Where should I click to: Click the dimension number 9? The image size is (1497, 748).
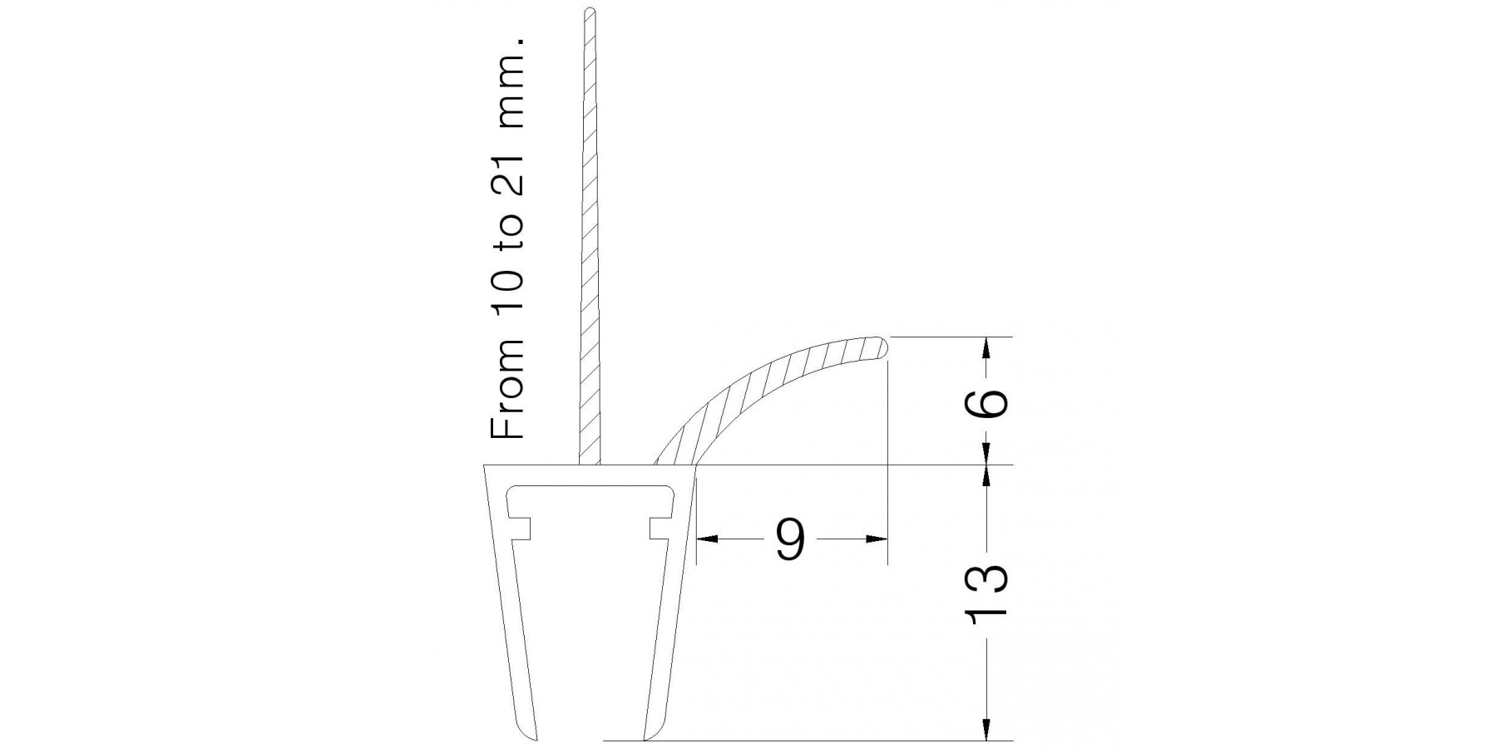point(790,539)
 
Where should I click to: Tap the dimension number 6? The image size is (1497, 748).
point(987,401)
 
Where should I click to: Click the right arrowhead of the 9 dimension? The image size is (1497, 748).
point(877,539)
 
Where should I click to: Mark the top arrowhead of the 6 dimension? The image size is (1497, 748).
point(987,347)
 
